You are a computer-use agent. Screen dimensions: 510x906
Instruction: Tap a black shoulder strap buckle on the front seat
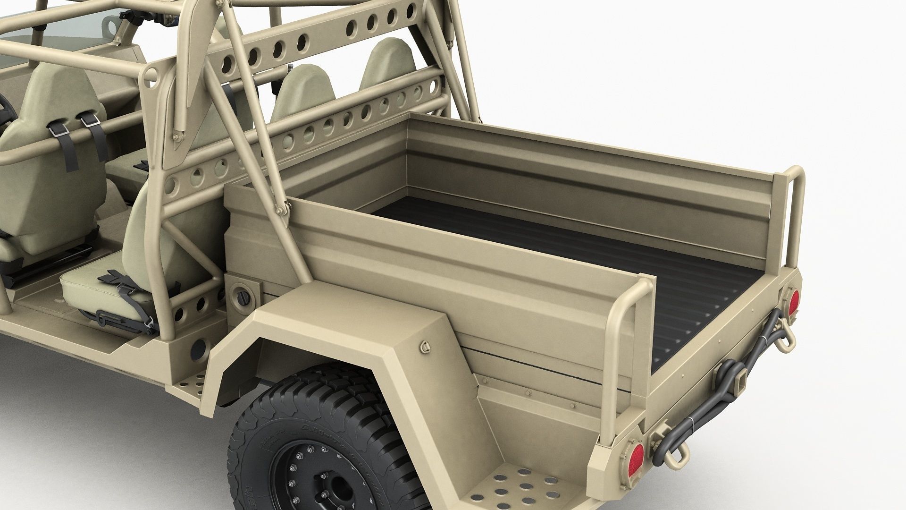(90, 122)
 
